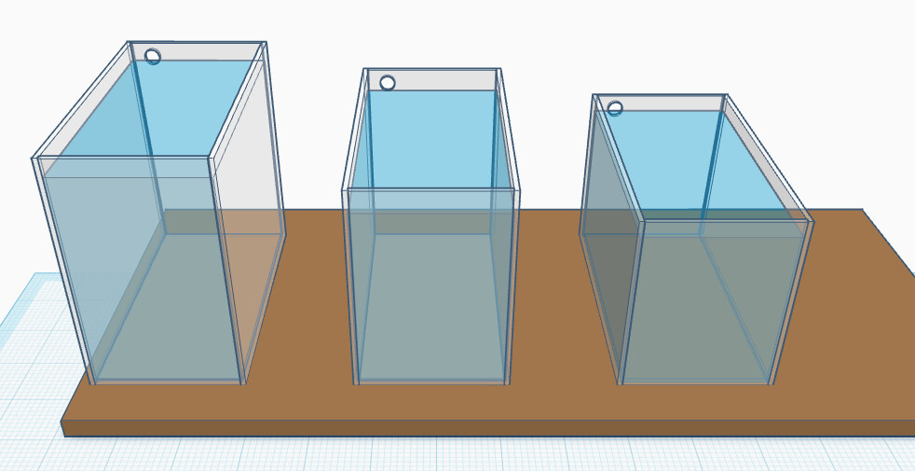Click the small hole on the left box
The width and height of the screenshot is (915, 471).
(153, 57)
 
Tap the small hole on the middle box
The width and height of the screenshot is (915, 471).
(388, 83)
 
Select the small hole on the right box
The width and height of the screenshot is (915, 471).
(615, 108)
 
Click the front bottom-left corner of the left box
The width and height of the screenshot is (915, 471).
(92, 382)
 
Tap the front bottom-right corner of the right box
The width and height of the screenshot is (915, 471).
(772, 383)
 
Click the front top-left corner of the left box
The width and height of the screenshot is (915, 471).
(34, 159)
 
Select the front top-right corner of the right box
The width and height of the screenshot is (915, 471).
(812, 222)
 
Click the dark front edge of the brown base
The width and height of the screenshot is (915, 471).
(466, 428)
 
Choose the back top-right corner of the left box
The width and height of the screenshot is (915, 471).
(266, 43)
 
